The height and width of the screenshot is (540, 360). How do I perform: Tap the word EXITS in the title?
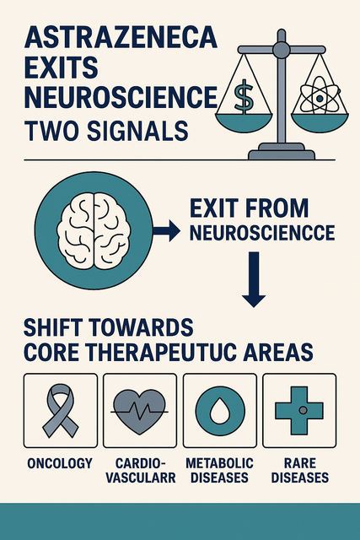62,67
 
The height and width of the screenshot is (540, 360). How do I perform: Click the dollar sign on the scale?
244,97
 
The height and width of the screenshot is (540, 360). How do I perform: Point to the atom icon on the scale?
320,98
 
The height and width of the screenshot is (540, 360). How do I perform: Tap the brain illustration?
94,230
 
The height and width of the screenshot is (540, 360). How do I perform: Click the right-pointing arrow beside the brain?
166,230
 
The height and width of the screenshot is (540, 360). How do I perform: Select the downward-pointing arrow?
254,279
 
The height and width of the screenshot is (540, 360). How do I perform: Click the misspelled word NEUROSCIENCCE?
262,233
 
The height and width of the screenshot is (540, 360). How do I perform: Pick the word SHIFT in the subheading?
56,327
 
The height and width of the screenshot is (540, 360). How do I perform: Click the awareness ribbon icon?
61,410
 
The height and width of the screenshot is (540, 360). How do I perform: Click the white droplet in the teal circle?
220,411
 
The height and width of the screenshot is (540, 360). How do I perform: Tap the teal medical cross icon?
299,410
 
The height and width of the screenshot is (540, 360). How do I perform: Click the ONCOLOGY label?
60,463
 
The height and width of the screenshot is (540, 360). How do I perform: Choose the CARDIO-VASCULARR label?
141,471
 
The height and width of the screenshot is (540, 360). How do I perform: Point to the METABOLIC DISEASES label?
219,471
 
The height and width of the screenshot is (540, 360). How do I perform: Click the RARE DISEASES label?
300,471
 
